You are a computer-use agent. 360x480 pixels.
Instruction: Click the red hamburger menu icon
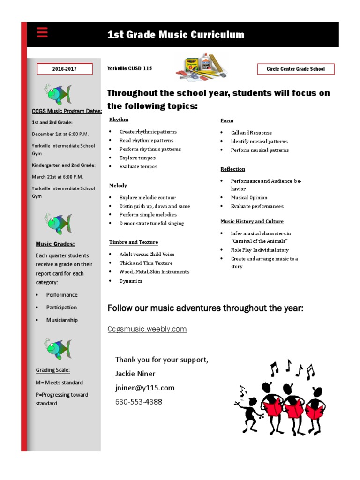coord(42,33)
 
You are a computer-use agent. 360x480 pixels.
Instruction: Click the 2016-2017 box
coord(65,69)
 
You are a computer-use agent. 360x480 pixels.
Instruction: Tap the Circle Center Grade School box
coord(295,69)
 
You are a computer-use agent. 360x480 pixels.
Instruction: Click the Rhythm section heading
coord(119,120)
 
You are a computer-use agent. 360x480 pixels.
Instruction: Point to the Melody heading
coord(118,186)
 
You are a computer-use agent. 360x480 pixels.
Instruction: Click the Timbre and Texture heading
coord(134,242)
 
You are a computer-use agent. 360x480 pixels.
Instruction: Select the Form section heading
coord(227,120)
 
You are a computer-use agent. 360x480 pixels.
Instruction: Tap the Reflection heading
coord(233,169)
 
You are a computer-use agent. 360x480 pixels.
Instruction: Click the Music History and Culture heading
coord(252,221)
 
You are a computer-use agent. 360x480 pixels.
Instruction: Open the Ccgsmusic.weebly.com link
coord(147,329)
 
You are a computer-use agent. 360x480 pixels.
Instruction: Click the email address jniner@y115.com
coord(145,388)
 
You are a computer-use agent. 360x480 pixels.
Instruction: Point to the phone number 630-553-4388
coord(139,402)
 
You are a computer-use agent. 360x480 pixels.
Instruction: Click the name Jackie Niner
coord(135,374)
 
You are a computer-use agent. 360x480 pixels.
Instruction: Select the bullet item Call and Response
coord(251,133)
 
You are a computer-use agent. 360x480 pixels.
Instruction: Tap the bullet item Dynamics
coord(131,281)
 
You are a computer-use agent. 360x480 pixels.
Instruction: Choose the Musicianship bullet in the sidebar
coord(62,320)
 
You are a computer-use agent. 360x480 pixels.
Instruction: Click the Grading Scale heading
coord(53,370)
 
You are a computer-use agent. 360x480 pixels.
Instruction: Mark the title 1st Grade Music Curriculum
coord(176,35)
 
